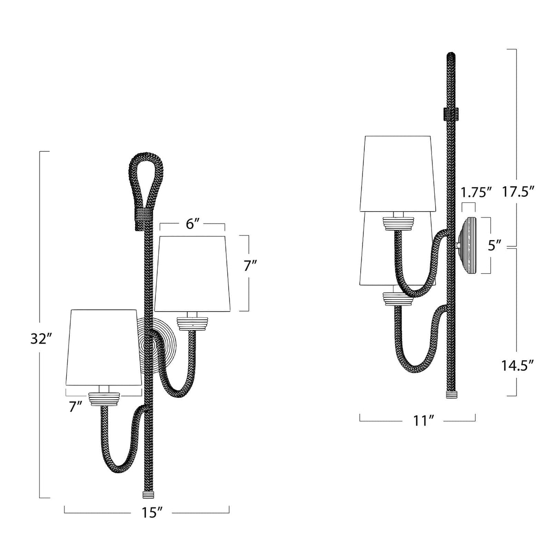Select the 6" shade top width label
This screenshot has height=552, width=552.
[192, 225]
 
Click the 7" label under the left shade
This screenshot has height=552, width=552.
[75, 407]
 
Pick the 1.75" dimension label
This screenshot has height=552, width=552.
[476, 191]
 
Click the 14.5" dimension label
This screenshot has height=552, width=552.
[517, 366]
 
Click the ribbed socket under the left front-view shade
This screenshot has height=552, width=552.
[105, 398]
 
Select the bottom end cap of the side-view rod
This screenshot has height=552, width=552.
[451, 395]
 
